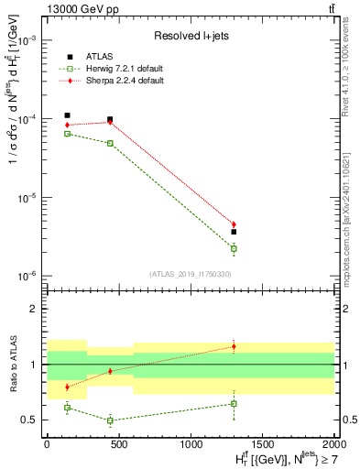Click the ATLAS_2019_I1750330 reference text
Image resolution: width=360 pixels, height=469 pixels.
tap(191, 274)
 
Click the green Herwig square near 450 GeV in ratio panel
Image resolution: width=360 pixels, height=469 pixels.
tap(110, 420)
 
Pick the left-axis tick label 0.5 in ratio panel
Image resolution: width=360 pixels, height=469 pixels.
tap(29, 420)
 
